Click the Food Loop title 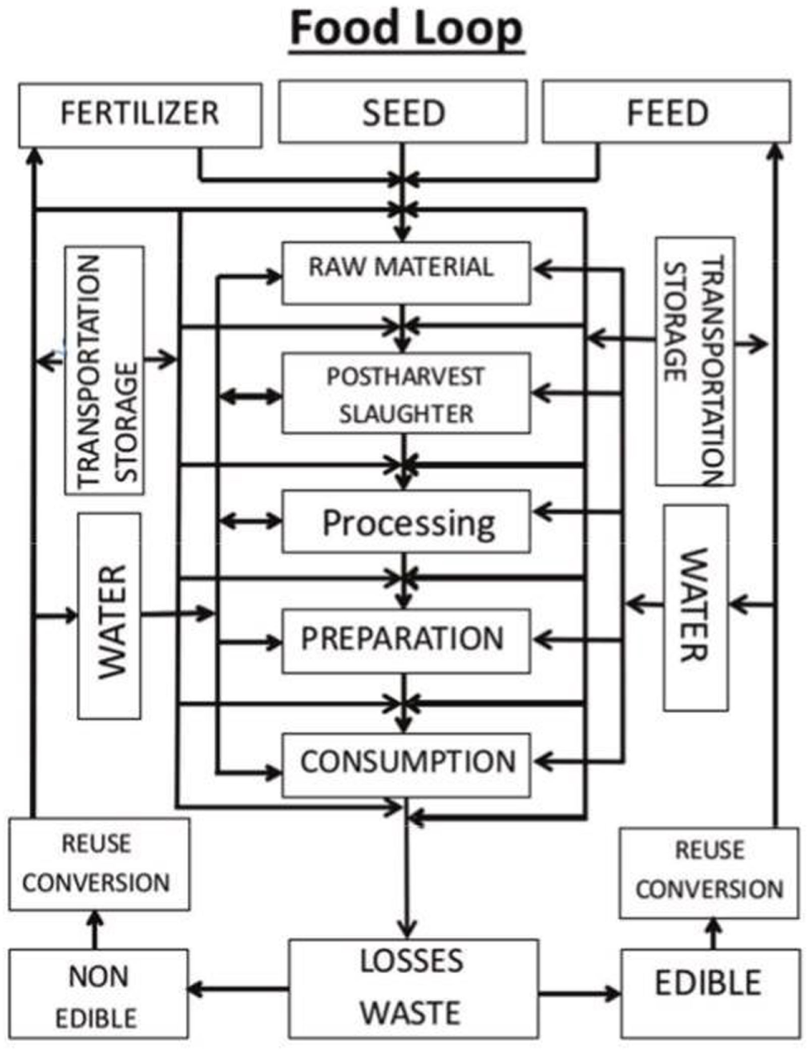tap(406, 30)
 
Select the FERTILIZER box tap(140, 114)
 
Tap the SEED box tap(403, 113)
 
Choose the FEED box tap(666, 113)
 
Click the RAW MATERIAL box tap(405, 272)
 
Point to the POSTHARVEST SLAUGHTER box tap(405, 393)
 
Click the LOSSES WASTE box tap(413, 989)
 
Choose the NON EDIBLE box tap(98, 996)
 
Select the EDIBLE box tap(710, 993)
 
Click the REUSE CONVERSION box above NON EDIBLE tap(99, 864)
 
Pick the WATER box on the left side tap(109, 615)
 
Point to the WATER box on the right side tap(695, 607)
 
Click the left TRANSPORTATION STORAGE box tap(104, 370)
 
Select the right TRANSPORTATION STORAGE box tap(695, 362)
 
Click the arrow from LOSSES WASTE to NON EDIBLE tap(239, 990)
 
